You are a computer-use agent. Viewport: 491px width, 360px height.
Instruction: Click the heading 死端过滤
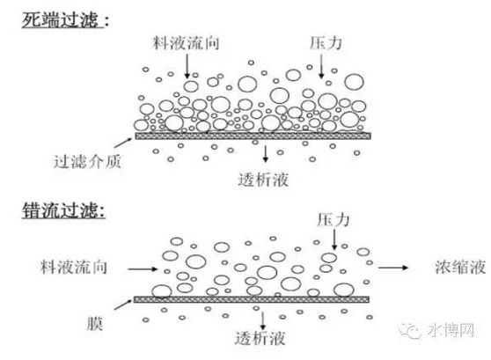(60, 20)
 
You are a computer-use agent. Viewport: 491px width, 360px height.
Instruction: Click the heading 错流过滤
(60, 209)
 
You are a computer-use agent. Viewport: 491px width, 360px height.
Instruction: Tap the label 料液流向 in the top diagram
(186, 43)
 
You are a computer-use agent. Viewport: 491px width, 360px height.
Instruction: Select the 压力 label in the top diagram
(326, 43)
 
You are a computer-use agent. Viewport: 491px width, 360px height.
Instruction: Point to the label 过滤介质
(87, 162)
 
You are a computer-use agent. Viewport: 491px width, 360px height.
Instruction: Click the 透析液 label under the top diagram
(263, 180)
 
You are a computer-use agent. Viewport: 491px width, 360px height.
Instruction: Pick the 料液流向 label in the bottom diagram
(74, 268)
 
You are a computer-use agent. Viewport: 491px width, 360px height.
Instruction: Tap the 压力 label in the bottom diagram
(333, 220)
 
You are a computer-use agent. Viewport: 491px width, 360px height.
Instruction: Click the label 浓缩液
(460, 268)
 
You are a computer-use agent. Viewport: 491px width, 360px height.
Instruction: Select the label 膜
(95, 323)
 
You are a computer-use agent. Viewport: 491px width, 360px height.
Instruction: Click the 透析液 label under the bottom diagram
(260, 338)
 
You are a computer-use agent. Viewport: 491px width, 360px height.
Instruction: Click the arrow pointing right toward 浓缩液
(393, 268)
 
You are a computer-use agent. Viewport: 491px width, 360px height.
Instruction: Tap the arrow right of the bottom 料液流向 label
(143, 268)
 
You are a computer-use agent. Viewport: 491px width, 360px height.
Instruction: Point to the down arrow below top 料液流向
(187, 66)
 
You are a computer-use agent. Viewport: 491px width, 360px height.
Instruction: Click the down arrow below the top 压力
(321, 66)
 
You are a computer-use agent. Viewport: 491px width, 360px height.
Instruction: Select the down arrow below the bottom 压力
(334, 239)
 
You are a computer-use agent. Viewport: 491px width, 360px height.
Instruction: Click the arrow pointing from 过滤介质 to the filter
(123, 143)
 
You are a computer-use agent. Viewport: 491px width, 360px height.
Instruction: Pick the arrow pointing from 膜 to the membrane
(123, 305)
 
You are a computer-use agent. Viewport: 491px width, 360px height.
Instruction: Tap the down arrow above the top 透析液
(266, 154)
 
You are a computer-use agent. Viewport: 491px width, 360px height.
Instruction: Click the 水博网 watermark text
(451, 330)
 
